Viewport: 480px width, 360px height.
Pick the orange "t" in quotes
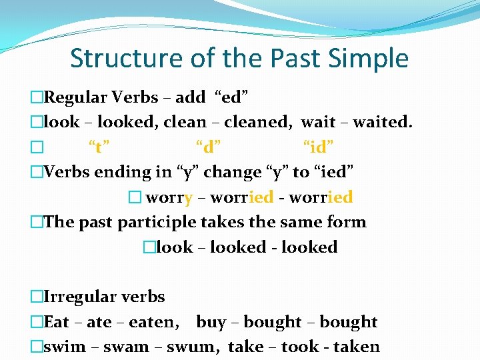[x=99, y=147]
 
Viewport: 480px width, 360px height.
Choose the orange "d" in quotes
[x=209, y=147]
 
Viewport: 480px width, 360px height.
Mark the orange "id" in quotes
[x=319, y=147]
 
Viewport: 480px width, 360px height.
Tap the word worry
[x=169, y=197]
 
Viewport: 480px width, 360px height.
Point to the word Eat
[x=57, y=322]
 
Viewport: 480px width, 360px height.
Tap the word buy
[x=211, y=322]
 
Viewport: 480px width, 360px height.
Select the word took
[x=300, y=347]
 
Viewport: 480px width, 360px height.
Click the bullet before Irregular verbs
[x=36, y=297]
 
